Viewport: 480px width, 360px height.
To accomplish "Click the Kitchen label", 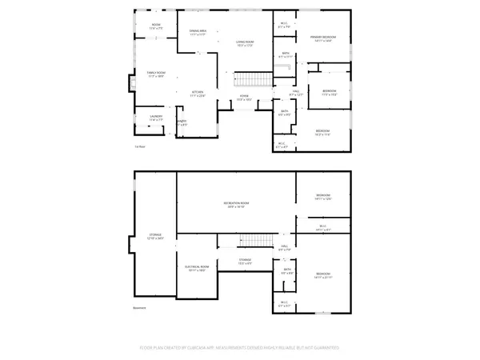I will tap(195, 93).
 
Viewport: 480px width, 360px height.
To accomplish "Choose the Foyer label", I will tap(244, 98).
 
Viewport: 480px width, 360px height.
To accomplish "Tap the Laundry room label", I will tap(155, 118).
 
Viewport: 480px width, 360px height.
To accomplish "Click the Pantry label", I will tap(182, 123).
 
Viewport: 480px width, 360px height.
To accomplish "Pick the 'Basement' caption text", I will tap(141, 307).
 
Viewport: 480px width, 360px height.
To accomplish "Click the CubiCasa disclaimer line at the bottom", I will tap(239, 348).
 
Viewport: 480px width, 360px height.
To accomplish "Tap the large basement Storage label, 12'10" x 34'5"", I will tap(155, 237).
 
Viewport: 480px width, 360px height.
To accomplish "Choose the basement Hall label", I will tap(285, 248).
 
